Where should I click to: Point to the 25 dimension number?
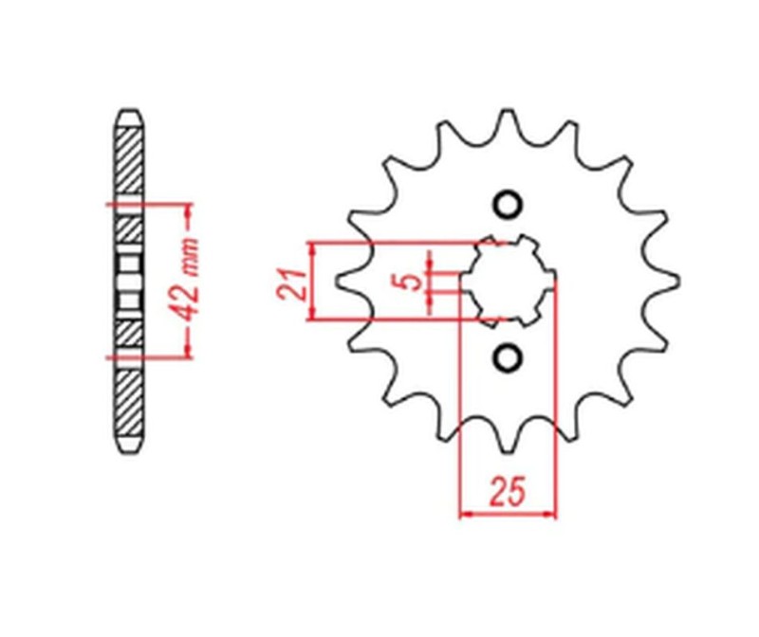[x=508, y=492]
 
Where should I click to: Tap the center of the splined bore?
[x=508, y=281]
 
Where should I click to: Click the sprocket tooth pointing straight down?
[x=508, y=446]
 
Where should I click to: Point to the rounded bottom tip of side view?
[x=129, y=449]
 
